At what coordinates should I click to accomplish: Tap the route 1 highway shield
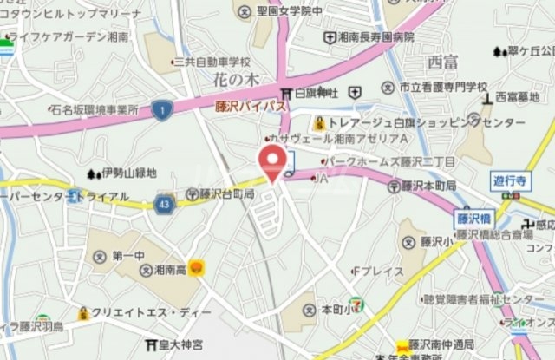tap(160, 108)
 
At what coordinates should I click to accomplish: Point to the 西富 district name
tap(442, 62)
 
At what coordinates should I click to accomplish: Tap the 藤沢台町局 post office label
tap(220, 194)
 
